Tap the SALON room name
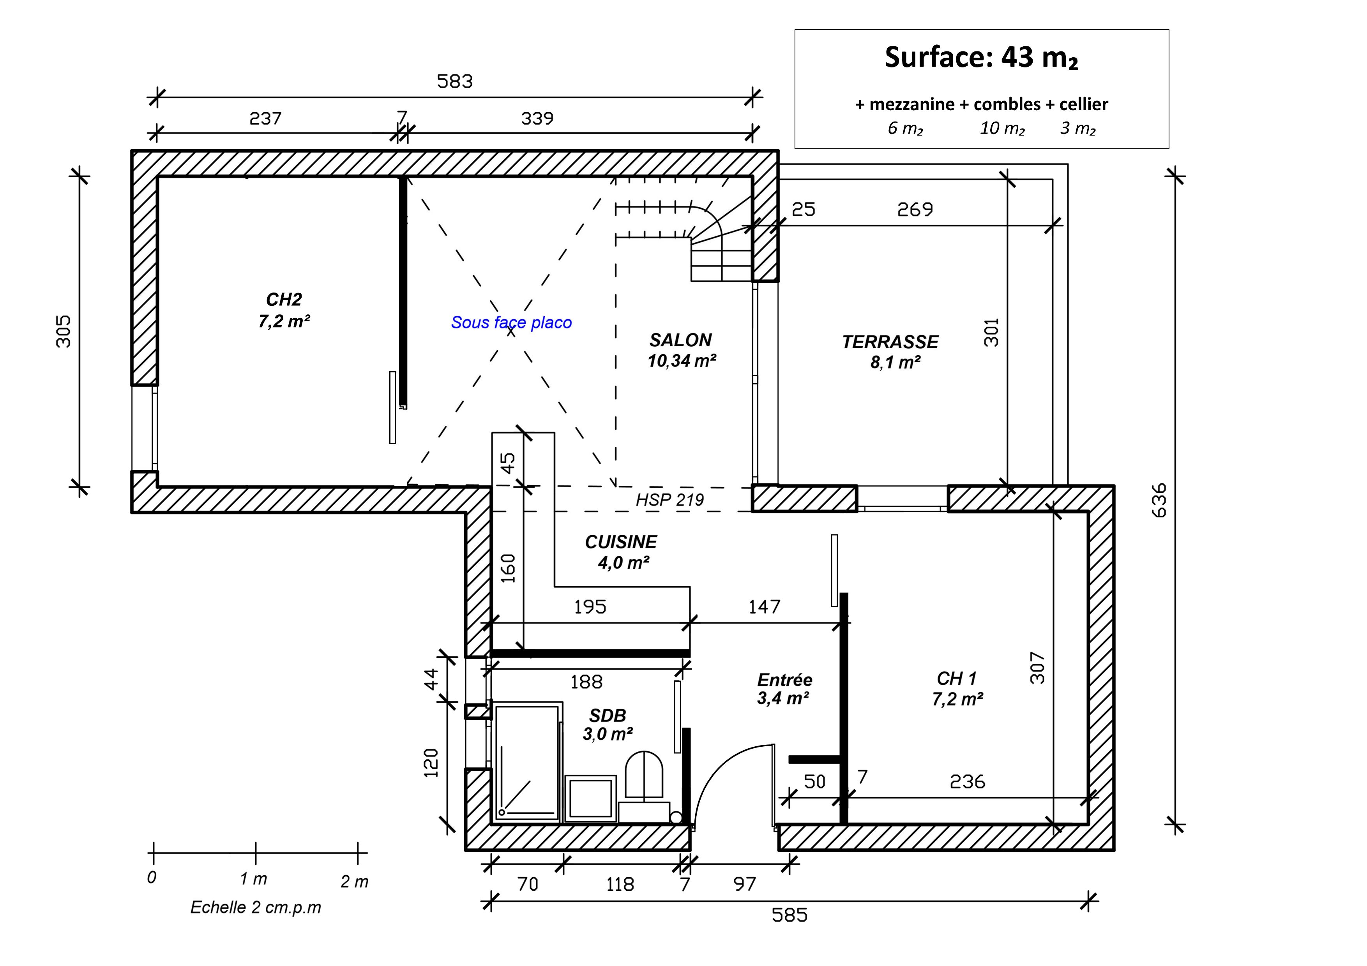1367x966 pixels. tap(680, 340)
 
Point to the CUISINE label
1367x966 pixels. tap(621, 542)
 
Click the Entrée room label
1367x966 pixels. tap(785, 680)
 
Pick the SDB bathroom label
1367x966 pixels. tap(607, 716)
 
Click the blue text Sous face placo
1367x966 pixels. tap(511, 323)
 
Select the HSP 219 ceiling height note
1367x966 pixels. tap(670, 500)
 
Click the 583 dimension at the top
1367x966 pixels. tap(455, 81)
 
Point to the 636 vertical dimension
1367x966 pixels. tap(1159, 501)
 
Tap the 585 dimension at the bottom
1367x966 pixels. tap(789, 915)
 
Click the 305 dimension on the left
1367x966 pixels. tap(63, 331)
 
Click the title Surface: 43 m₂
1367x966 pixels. tap(981, 58)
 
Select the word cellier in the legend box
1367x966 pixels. tap(1084, 104)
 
